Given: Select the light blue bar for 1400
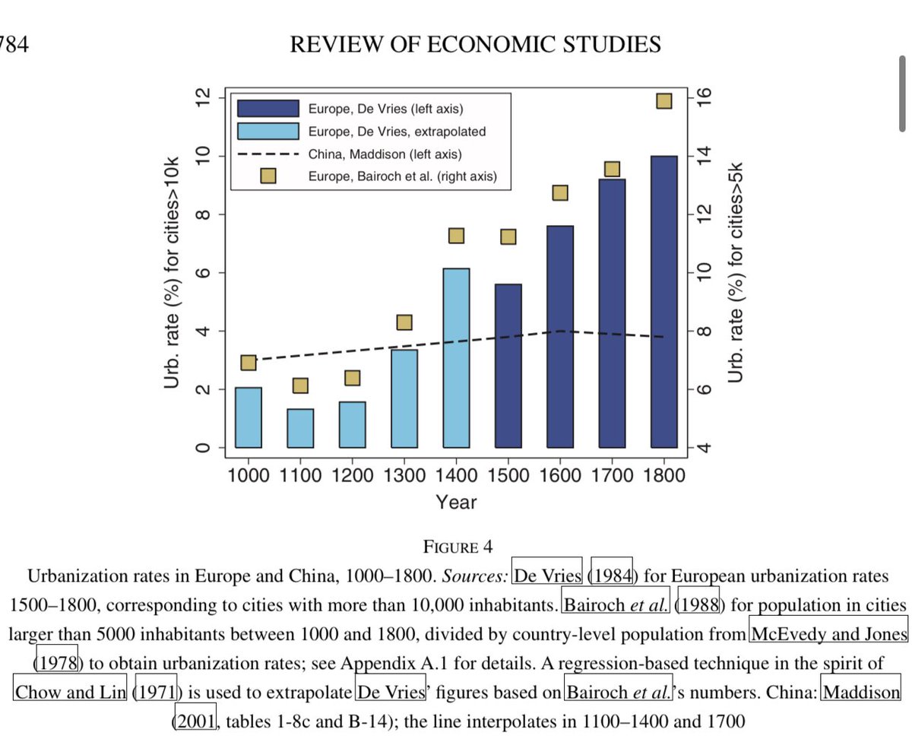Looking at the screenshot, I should point(456,357).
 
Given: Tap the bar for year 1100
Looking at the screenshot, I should point(300,428).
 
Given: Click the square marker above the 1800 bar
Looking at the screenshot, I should point(664,101).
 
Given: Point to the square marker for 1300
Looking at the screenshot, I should point(404,322).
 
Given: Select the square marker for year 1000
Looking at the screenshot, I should point(249,363).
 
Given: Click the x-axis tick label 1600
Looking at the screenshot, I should point(560,476).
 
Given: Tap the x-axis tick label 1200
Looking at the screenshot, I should point(352,476).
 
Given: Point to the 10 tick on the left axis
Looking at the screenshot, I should point(203,156).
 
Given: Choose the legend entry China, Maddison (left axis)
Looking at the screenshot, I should point(385,154).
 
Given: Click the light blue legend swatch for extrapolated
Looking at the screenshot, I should point(268,131).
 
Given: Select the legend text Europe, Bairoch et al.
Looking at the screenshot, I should point(402,176).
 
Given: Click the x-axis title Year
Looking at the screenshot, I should point(456,502).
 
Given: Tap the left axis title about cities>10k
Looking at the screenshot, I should point(173,274).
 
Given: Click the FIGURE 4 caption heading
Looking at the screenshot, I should point(458,547).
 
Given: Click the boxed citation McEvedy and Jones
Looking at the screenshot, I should point(828,634).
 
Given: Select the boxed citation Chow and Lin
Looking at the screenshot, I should point(70,692).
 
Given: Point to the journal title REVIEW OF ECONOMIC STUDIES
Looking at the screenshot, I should point(475,45).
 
